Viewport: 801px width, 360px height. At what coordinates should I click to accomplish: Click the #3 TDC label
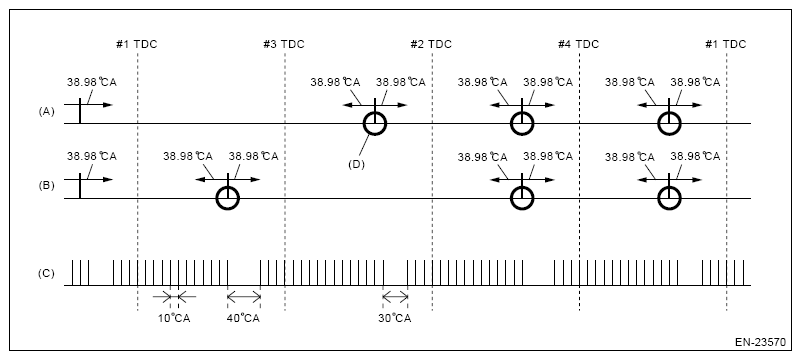tap(284, 44)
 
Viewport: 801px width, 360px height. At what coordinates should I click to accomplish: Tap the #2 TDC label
tap(431, 44)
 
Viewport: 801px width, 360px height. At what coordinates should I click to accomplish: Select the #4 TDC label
tap(578, 44)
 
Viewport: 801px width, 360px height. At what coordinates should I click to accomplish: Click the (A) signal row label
tap(45, 113)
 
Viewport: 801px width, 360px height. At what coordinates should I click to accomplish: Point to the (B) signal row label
tap(45, 188)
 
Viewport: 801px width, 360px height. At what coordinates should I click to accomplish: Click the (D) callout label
tap(354, 163)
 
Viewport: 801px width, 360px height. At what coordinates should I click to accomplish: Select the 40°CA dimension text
tap(243, 319)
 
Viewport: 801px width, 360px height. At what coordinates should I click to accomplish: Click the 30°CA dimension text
tap(394, 319)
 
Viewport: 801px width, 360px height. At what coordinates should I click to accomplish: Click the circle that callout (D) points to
tap(374, 123)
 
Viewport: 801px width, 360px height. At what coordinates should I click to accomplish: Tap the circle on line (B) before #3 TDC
tap(228, 198)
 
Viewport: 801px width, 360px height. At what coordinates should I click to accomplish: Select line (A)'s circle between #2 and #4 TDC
tap(521, 123)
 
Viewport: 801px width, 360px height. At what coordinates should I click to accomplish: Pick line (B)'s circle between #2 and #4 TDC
tap(521, 198)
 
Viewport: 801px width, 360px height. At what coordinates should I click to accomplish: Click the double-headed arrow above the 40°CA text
tap(243, 296)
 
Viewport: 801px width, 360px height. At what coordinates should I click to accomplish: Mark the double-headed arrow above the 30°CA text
tap(394, 296)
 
